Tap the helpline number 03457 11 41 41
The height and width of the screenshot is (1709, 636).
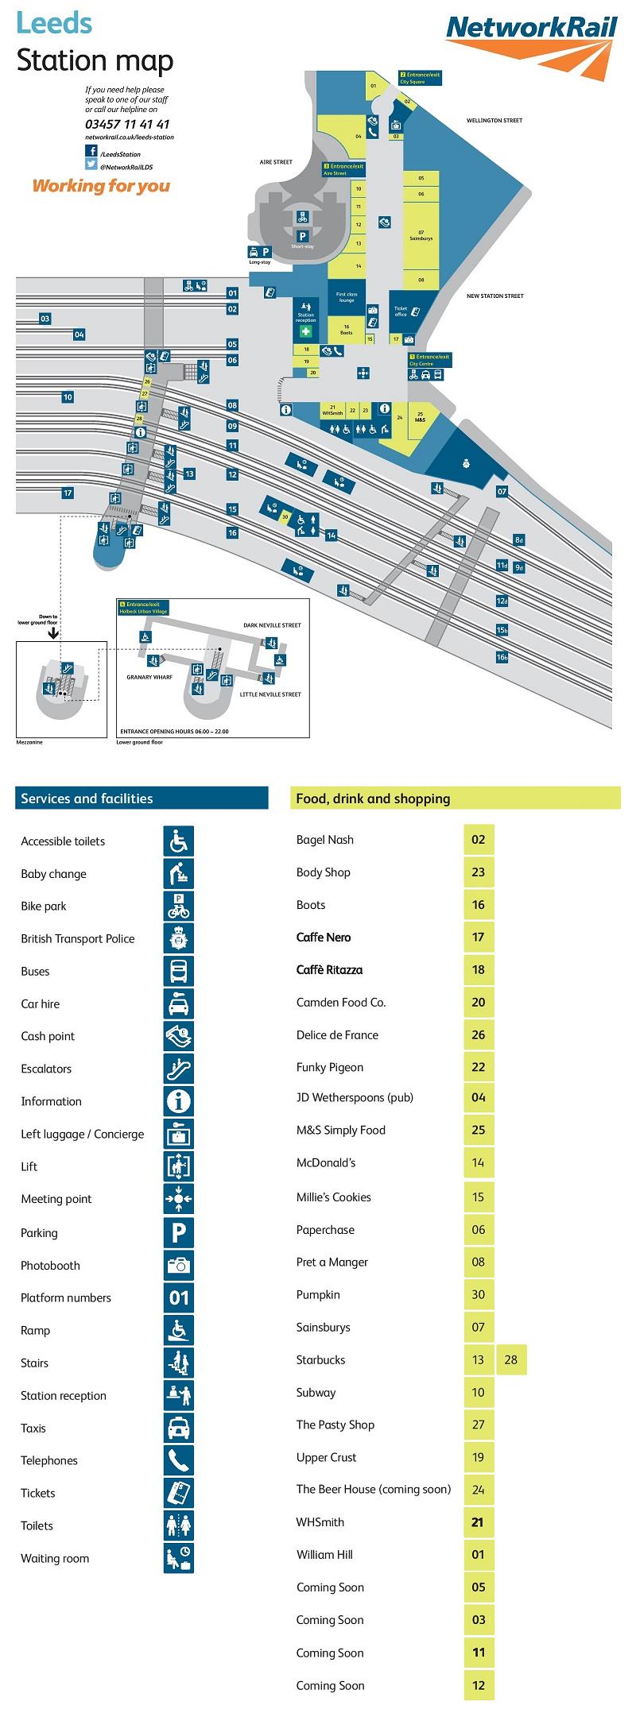tap(127, 124)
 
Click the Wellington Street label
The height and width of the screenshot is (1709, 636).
tap(494, 121)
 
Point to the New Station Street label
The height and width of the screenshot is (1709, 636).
tap(494, 296)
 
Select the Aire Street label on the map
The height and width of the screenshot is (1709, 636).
tap(276, 162)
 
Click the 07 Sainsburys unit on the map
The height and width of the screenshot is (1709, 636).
tap(421, 235)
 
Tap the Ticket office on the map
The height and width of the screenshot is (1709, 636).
tap(401, 311)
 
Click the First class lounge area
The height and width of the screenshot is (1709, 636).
tap(347, 297)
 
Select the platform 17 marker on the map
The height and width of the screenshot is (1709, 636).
tap(68, 493)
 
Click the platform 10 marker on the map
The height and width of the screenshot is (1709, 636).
tap(68, 397)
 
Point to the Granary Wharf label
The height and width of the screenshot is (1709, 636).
tap(150, 678)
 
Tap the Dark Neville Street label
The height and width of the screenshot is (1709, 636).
tap(272, 625)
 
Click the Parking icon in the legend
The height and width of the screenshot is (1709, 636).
tap(179, 1232)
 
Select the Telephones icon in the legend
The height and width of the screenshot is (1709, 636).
tap(179, 1460)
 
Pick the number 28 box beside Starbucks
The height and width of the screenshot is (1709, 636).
tap(511, 1360)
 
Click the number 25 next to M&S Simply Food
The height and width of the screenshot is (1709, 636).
tap(479, 1130)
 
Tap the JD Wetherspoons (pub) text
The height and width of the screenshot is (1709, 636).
tap(355, 1097)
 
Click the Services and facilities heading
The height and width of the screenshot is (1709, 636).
tap(87, 798)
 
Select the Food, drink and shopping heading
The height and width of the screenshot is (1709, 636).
tap(373, 798)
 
